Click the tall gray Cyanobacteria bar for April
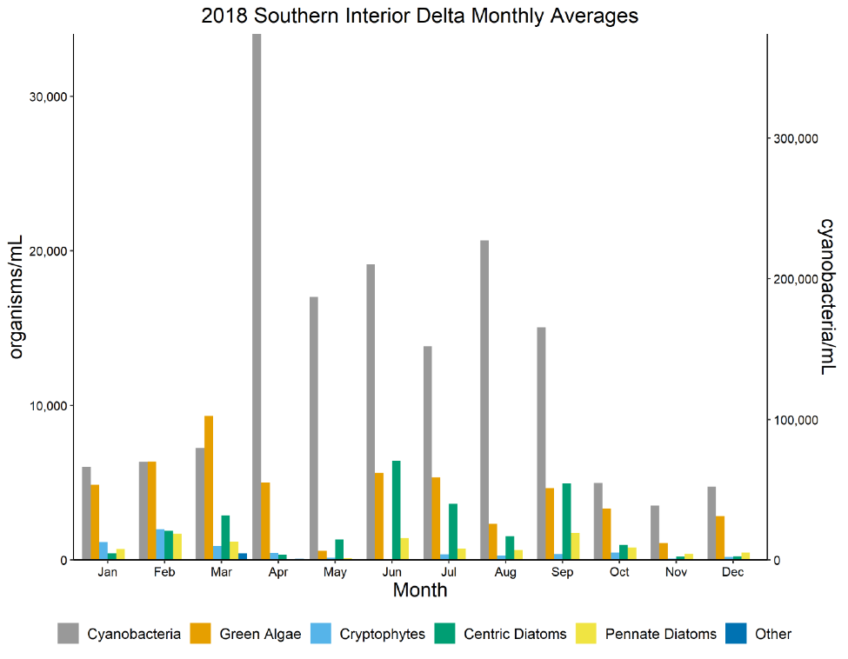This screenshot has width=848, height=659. click(x=257, y=296)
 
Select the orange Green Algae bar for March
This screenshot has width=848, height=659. click(x=209, y=488)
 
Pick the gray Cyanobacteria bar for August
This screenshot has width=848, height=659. click(x=484, y=400)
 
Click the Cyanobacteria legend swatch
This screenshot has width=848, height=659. click(x=69, y=634)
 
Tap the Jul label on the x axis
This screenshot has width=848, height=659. click(x=449, y=572)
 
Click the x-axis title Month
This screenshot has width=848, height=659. click(x=420, y=590)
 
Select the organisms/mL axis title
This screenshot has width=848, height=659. click(x=17, y=296)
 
